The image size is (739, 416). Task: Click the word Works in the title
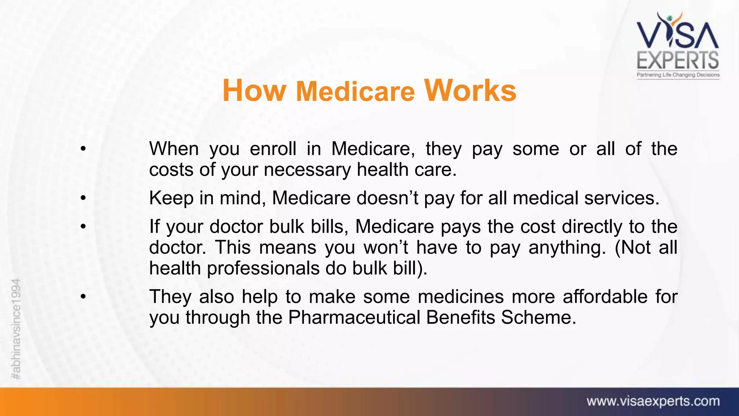coord(470,90)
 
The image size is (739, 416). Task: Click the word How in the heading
coord(254,91)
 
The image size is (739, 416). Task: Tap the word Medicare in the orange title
coord(355,91)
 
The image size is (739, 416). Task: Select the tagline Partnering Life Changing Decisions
coord(678,75)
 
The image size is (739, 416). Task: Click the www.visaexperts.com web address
coord(653,401)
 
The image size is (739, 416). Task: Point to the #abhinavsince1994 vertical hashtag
coord(16,329)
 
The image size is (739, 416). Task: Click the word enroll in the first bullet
coord(273,148)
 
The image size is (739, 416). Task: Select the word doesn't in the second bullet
coord(387,198)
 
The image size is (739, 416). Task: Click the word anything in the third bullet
coord(567,247)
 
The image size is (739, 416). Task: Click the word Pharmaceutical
coord(354,317)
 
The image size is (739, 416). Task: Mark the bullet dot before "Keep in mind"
coord(83,198)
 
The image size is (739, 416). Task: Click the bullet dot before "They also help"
coord(83,296)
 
